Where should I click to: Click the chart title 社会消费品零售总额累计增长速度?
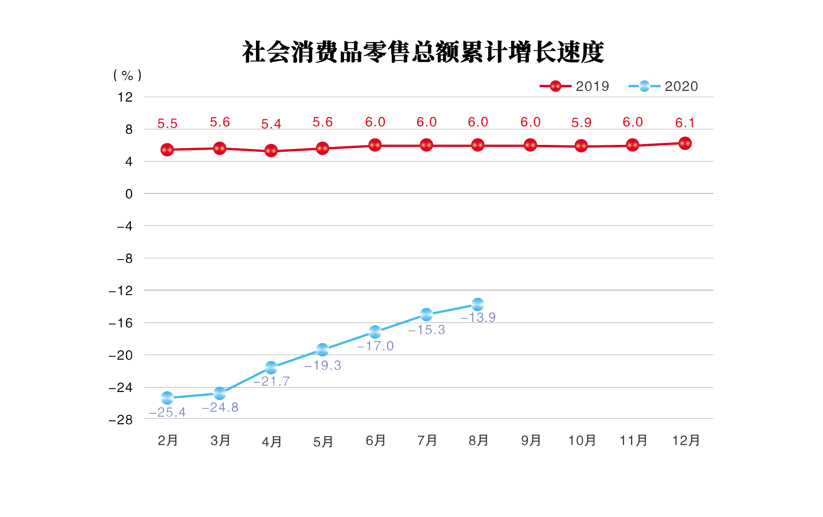click(423, 52)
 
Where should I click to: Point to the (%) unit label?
click(127, 75)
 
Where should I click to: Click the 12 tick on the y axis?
click(125, 97)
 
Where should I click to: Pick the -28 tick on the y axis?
click(121, 419)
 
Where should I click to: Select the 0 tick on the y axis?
click(129, 194)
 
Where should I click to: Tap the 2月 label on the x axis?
click(168, 441)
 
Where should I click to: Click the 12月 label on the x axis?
click(686, 441)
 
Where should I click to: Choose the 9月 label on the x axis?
click(531, 441)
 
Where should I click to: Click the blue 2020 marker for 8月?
click(478, 304)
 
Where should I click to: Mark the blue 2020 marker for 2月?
click(167, 397)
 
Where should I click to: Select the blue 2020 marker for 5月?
click(322, 350)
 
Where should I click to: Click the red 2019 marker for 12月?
click(685, 143)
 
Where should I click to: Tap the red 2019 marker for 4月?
click(271, 151)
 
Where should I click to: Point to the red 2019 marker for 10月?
click(581, 146)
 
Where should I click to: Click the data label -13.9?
click(478, 317)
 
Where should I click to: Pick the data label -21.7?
click(271, 382)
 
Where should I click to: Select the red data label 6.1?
click(685, 123)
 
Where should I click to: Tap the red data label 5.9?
click(581, 122)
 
